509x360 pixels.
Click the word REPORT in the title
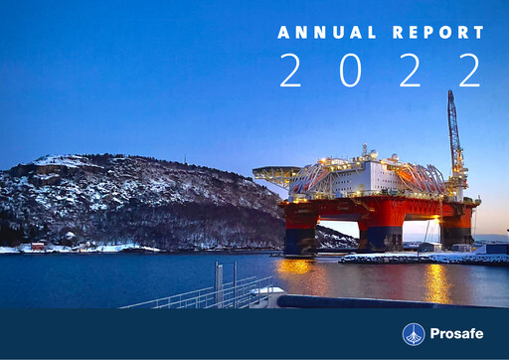tap(438, 33)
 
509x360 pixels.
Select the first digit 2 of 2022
tap(290, 70)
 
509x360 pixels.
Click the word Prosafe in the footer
tap(457, 334)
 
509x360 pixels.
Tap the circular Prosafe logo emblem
tap(414, 334)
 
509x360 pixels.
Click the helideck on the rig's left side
tap(276, 172)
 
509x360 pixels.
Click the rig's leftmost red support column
tap(299, 230)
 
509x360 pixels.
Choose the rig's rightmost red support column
tap(457, 227)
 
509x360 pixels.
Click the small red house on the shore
tap(37, 247)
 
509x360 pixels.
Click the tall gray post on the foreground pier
tap(218, 284)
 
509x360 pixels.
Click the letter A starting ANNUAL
tap(283, 33)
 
